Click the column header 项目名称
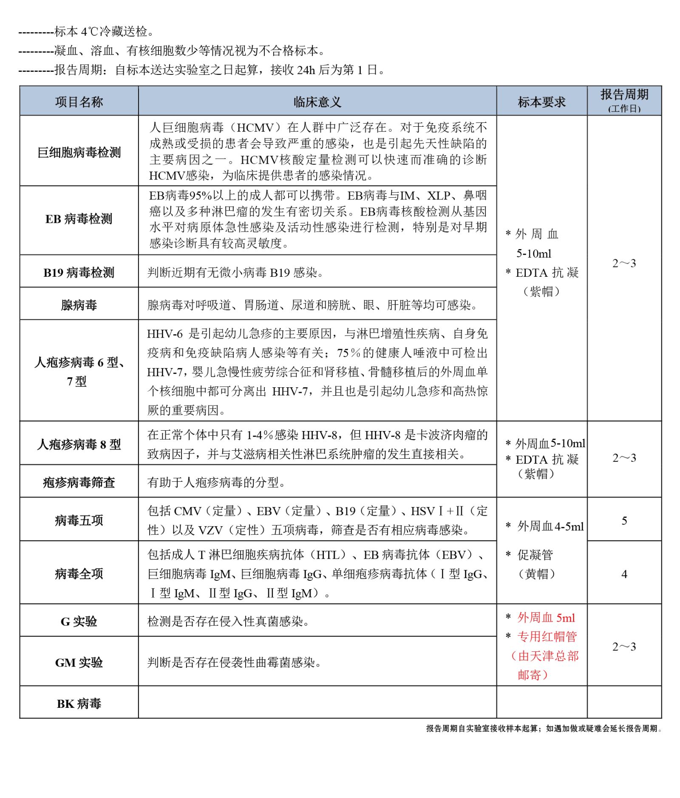point(79,102)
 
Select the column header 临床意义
point(317,102)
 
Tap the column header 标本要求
point(541,102)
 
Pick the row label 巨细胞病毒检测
point(79,152)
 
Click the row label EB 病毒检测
point(79,219)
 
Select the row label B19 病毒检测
point(79,273)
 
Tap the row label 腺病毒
point(79,305)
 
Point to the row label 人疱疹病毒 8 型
point(79,444)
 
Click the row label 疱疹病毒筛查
point(79,482)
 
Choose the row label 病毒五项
point(79,520)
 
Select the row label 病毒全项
point(79,574)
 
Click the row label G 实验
point(79,621)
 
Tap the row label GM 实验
point(79,662)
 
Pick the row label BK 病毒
point(79,704)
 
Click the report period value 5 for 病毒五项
point(624,521)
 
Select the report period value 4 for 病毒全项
point(624,574)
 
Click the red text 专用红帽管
point(547,636)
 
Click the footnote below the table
point(544,728)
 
